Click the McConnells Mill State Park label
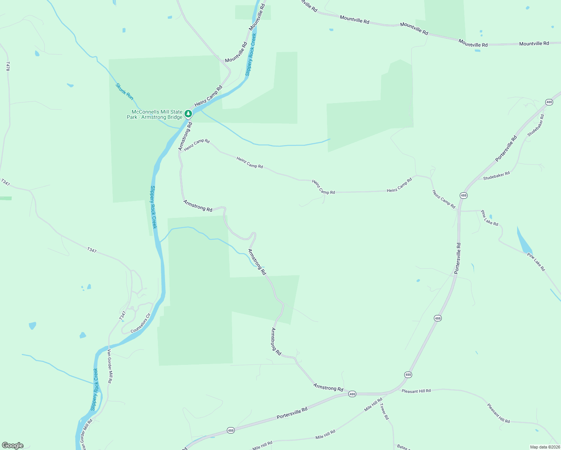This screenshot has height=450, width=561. tap(154, 114)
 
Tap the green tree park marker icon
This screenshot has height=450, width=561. tap(188, 114)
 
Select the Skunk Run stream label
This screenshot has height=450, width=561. tap(124, 91)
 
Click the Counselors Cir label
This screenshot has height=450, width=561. tap(140, 324)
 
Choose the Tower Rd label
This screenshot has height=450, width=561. tap(384, 411)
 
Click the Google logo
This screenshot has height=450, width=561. tap(13, 445)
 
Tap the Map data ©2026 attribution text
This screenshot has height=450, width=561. tap(544, 447)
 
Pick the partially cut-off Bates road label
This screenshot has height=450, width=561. tap(402, 447)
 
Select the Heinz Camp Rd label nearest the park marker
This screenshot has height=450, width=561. tap(208, 96)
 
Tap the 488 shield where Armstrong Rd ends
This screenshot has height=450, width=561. tap(352, 394)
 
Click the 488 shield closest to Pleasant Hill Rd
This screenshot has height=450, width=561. tap(408, 375)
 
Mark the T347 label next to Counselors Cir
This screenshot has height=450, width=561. tap(123, 315)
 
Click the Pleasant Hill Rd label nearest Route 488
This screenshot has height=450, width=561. tap(416, 391)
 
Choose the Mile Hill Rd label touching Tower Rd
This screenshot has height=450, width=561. tap(373, 405)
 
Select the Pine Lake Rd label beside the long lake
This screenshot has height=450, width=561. tap(536, 262)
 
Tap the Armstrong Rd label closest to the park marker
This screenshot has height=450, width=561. tap(185, 136)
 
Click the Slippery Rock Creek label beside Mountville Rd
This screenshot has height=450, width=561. tap(250, 55)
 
